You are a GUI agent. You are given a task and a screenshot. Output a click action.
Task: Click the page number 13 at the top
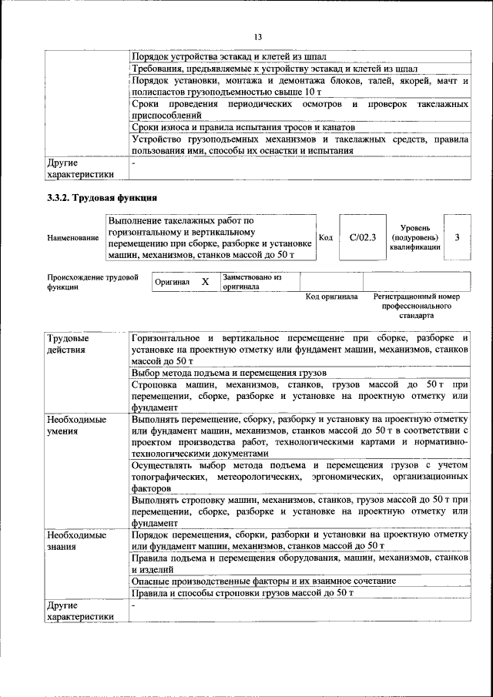[258, 37]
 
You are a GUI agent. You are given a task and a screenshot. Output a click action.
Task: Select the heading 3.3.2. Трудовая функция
[102, 198]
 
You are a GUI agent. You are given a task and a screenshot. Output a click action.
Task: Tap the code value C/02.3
[362, 238]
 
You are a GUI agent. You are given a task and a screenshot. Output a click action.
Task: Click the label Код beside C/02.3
[325, 238]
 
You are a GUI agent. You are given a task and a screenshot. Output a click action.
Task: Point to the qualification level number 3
[457, 238]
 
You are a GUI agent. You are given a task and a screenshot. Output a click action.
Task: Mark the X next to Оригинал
[205, 282]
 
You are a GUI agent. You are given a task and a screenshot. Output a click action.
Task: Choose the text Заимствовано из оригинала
[253, 281]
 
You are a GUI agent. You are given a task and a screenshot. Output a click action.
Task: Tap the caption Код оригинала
[331, 297]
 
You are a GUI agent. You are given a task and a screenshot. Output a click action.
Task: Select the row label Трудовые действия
[68, 344]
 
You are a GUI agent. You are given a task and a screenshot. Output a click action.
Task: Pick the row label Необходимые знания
[75, 540]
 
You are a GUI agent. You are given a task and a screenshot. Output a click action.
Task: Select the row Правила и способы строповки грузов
[242, 593]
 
